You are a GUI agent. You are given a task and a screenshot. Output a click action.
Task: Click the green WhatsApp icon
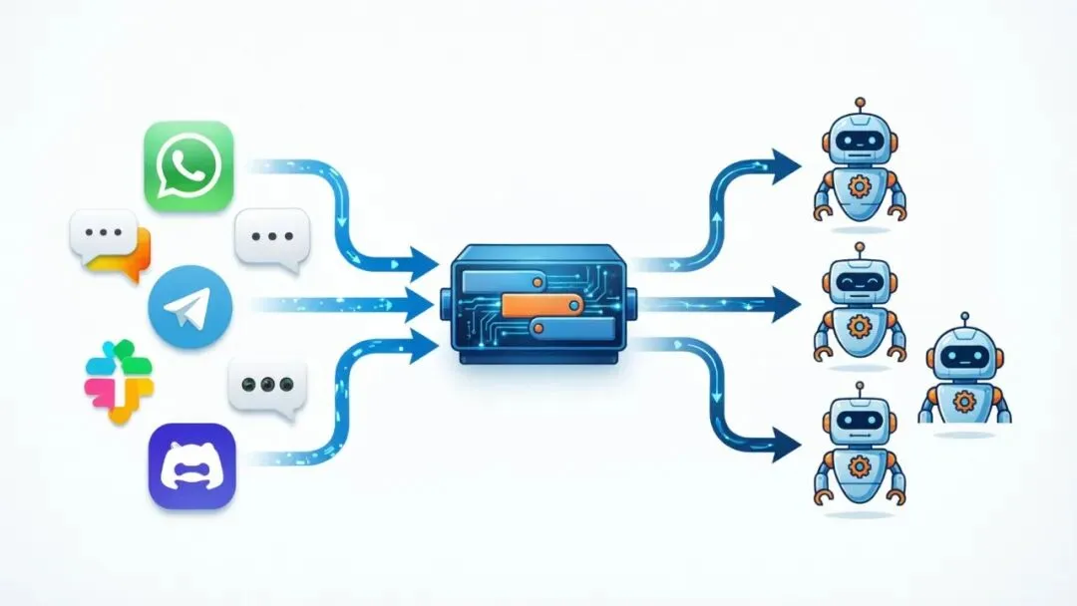(188, 165)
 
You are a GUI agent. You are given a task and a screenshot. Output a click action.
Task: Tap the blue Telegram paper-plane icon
(190, 309)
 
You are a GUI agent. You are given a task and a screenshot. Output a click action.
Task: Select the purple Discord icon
(191, 466)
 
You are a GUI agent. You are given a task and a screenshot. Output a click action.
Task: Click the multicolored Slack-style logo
(119, 382)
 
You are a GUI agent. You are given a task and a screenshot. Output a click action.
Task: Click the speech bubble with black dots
(267, 386)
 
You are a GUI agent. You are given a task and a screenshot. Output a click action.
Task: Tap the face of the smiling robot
(860, 282)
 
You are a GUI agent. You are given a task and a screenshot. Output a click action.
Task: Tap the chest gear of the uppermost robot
(859, 187)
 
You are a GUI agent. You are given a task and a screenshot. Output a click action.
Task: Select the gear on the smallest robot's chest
(963, 401)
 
